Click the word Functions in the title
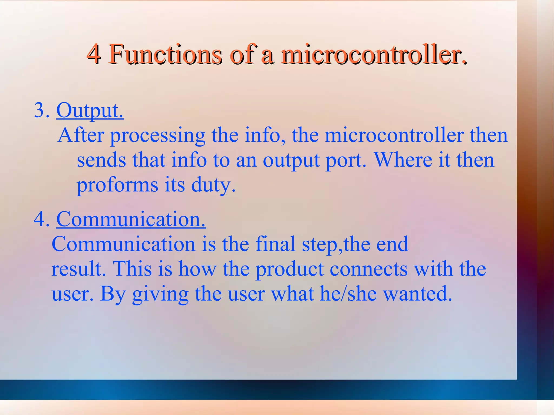point(166,54)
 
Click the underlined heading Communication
point(131,219)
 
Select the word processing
point(158,135)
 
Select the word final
point(275,244)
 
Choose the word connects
point(369,269)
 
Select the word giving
point(160,294)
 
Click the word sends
point(101,160)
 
